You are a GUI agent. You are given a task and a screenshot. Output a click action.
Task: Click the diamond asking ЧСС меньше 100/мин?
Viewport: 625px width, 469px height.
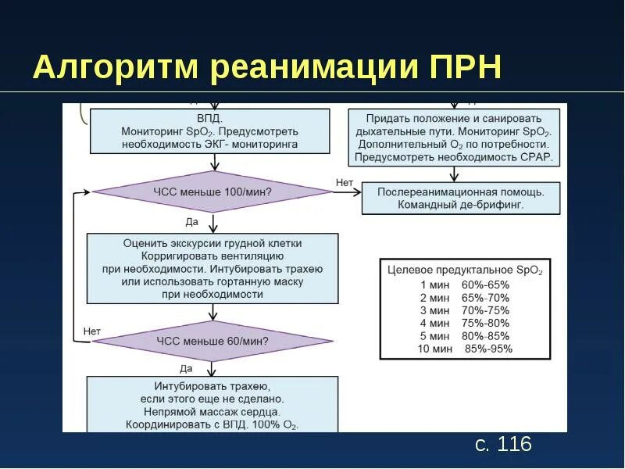pos(212,192)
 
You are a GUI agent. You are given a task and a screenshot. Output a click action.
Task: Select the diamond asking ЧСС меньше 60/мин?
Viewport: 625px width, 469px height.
pos(212,341)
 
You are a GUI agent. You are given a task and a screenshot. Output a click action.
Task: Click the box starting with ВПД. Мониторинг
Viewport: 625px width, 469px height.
pos(209,131)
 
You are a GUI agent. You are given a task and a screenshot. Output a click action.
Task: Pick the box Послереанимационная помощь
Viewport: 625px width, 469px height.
pos(461,198)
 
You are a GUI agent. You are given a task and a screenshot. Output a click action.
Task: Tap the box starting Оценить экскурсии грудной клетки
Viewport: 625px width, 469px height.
pos(212,269)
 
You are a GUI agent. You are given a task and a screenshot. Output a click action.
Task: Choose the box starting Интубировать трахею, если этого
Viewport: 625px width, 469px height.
pos(212,404)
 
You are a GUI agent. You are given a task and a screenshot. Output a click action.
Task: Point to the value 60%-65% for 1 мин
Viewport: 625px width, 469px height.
pos(485,285)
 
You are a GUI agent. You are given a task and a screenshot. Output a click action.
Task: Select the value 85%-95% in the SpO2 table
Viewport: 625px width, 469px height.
pos(488,349)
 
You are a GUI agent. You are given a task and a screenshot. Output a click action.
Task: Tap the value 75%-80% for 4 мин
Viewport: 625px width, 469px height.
pos(485,323)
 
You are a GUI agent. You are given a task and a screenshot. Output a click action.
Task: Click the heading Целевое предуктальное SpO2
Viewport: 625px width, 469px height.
pos(465,270)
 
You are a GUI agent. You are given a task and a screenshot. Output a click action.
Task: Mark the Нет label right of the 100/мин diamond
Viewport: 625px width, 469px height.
pos(345,182)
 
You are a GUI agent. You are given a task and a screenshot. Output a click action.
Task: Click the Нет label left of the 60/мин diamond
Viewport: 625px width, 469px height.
pos(92,331)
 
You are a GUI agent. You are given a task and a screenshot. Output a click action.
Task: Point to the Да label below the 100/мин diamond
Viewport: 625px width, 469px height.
pos(192,222)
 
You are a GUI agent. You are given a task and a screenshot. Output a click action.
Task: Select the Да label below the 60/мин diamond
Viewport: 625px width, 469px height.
pos(186,368)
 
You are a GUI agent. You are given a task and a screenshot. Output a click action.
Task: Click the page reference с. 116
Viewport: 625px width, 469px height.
pos(503,445)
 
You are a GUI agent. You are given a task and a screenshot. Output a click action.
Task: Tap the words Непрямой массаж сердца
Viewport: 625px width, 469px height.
pos(212,410)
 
